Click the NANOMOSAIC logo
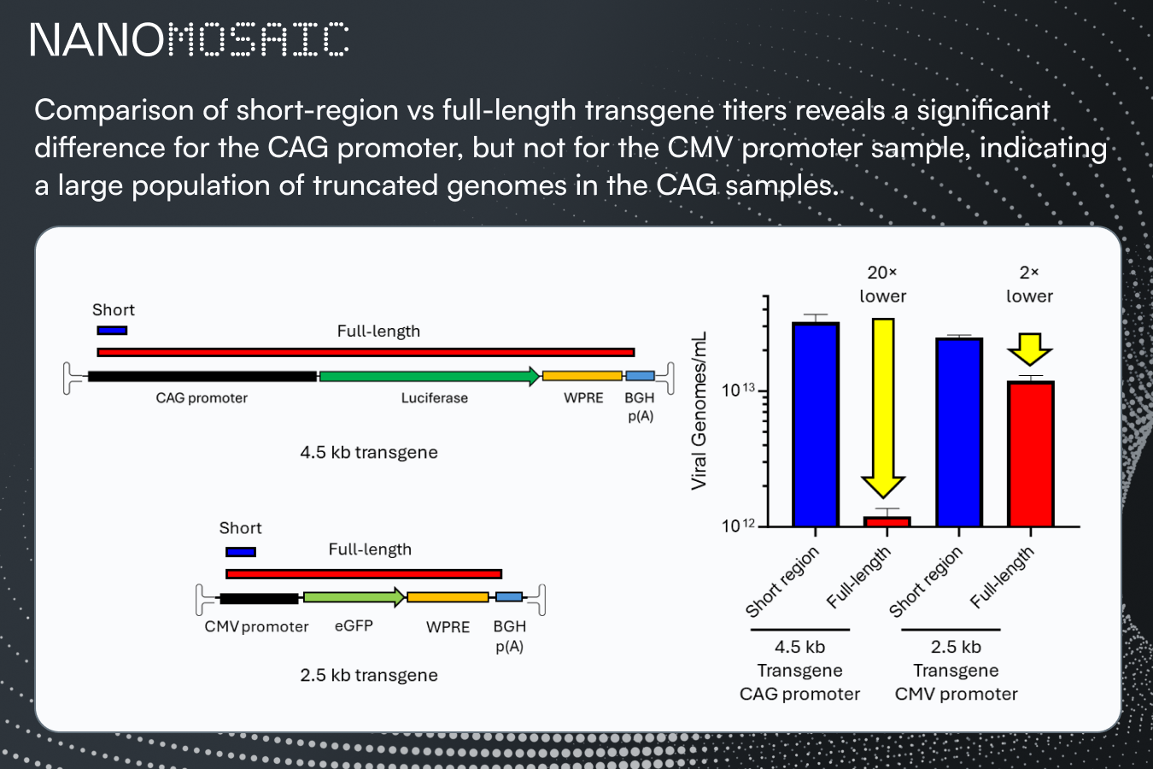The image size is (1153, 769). (190, 39)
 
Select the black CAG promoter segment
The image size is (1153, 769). (202, 377)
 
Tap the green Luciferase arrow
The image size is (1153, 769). (430, 376)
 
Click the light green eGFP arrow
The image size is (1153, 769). (354, 597)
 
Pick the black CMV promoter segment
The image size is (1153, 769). (260, 598)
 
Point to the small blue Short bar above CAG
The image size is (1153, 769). (112, 330)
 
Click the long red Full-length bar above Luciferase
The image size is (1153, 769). (366, 352)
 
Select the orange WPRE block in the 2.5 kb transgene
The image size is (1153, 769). (448, 597)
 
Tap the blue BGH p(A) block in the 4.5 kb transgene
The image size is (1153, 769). (641, 376)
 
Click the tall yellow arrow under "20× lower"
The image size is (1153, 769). (883, 408)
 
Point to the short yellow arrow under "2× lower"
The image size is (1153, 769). (1030, 349)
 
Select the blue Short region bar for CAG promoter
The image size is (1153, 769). (816, 425)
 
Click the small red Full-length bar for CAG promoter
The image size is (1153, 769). (887, 522)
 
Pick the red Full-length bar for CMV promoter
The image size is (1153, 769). (1031, 454)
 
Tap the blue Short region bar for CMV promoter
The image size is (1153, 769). (959, 432)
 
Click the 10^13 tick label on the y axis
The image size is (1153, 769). (738, 390)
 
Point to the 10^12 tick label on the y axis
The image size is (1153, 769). (738, 525)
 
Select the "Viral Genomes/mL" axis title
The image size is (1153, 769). (699, 410)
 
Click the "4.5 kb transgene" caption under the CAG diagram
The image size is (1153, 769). (369, 452)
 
